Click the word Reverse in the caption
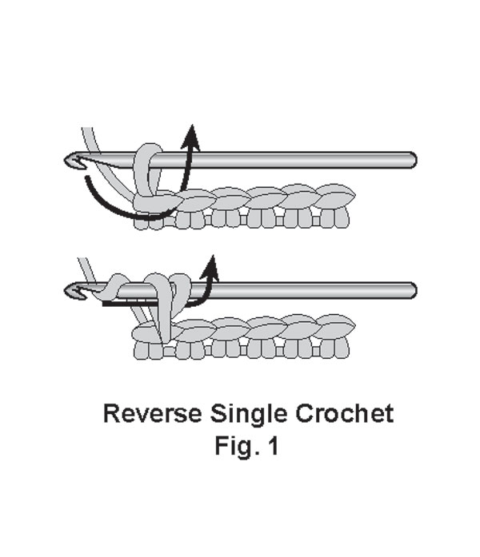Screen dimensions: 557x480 point(152,414)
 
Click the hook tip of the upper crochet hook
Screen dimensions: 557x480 point(72,161)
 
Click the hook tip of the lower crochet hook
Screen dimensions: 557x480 point(72,290)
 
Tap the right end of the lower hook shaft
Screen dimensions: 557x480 point(410,289)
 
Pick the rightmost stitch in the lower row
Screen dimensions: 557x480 point(330,328)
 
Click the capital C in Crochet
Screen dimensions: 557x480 point(301,414)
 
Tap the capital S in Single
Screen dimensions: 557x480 point(219,414)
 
